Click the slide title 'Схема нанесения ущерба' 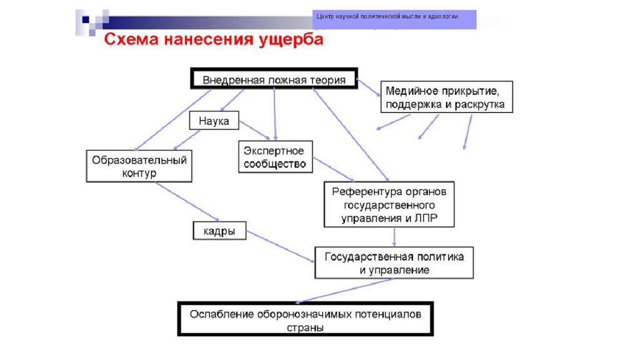(x=214, y=40)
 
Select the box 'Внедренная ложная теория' (x=274, y=79)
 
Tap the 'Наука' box (x=214, y=121)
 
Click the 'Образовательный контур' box (x=139, y=166)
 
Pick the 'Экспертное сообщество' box (x=275, y=157)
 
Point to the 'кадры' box (x=219, y=231)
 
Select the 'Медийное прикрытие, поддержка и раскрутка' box (x=446, y=97)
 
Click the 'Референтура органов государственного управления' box (x=389, y=204)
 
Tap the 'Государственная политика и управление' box (x=394, y=262)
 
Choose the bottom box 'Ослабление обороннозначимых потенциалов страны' (x=305, y=320)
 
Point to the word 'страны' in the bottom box (x=306, y=327)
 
